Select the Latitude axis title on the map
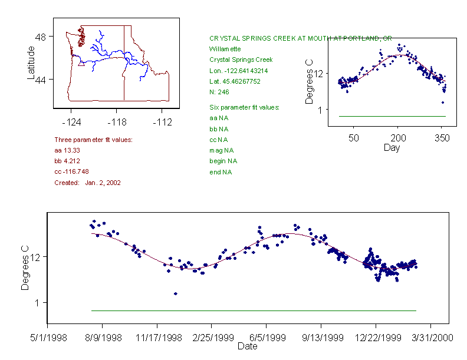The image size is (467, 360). (31, 62)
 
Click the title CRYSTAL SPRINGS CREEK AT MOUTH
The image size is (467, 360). (300, 38)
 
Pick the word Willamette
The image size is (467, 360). (225, 49)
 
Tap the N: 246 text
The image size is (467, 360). (219, 91)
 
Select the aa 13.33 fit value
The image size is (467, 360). (67, 150)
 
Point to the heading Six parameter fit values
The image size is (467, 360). (244, 107)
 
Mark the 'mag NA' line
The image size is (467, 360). (219, 150)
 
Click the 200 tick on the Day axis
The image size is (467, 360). (398, 138)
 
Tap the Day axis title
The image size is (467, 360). (392, 147)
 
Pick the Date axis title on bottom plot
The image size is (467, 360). (247, 346)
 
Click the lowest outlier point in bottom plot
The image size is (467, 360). (176, 293)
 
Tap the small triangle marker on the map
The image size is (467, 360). (81, 63)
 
